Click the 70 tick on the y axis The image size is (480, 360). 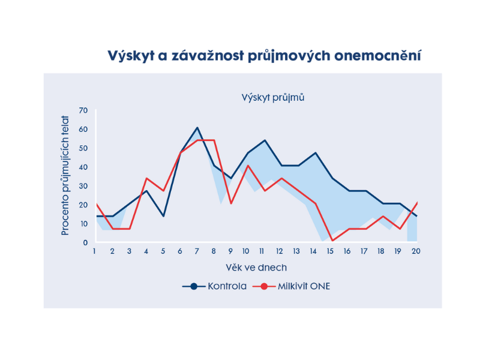click(83, 110)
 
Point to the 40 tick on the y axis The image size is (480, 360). click(83, 167)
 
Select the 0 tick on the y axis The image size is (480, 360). click(85, 243)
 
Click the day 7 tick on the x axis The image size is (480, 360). click(197, 251)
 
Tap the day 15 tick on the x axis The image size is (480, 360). click(331, 251)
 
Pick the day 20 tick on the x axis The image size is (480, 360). click(415, 251)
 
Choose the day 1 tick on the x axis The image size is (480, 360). click(94, 251)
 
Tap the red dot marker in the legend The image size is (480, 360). click(264, 286)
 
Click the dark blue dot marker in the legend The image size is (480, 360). click(194, 286)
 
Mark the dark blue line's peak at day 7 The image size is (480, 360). click(197, 128)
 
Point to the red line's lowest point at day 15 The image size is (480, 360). click(332, 241)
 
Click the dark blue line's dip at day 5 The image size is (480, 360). click(163, 216)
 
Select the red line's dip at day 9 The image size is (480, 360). click(231, 203)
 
